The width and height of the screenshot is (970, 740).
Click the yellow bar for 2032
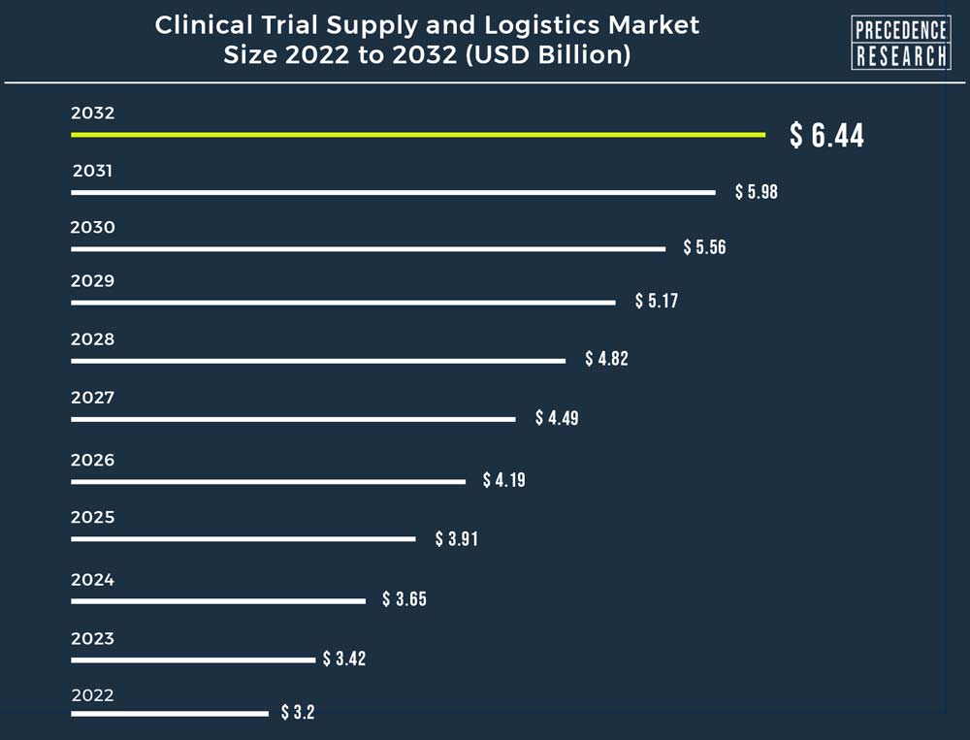click(x=417, y=134)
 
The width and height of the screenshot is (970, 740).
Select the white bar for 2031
click(x=393, y=192)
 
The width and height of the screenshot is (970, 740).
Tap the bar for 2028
click(x=318, y=361)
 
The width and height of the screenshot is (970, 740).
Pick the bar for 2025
click(x=242, y=538)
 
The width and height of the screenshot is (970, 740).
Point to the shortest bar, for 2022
click(x=170, y=714)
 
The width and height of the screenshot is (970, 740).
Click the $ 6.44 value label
click(x=826, y=136)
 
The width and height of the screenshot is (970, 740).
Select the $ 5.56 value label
click(x=704, y=247)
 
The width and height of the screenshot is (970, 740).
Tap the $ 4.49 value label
click(x=557, y=418)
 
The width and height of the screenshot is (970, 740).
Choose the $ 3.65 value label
click(x=404, y=599)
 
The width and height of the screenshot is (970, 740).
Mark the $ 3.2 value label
click(x=298, y=713)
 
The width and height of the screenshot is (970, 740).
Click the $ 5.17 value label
click(x=657, y=301)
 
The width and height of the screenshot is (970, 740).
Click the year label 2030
click(x=93, y=228)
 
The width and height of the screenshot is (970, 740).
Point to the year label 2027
click(x=93, y=398)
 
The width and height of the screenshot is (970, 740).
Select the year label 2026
click(x=93, y=460)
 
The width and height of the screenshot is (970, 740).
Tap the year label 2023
click(x=93, y=638)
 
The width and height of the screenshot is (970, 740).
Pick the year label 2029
click(x=93, y=281)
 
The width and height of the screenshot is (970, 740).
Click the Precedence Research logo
click(x=900, y=43)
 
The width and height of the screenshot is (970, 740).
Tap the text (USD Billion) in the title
click(x=548, y=55)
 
